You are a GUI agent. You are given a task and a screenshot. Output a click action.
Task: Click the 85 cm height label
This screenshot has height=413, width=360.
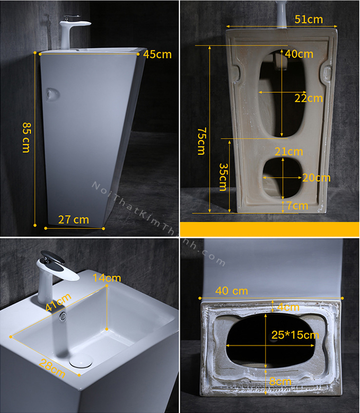26,137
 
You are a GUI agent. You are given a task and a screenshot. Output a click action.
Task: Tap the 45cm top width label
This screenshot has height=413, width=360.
157,55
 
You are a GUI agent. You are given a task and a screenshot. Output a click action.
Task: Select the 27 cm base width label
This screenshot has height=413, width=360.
74,220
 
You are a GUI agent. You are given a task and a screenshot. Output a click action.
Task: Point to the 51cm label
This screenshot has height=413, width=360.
309,19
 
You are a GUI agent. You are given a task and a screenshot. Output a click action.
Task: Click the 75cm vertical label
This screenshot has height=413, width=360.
202,141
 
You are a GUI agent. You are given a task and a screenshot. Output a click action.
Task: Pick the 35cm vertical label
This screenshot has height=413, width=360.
223,177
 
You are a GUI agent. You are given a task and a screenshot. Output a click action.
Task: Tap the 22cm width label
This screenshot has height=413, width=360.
309,98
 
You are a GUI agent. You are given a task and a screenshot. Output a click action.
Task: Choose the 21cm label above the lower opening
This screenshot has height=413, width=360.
289,152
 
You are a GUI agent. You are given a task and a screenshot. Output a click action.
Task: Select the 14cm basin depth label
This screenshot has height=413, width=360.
106,278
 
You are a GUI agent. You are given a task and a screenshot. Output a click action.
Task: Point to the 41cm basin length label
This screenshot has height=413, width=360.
58,302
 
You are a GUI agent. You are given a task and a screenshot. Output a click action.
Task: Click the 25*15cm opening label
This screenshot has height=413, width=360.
295,335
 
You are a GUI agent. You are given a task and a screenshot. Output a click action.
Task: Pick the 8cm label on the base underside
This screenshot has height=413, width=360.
280,382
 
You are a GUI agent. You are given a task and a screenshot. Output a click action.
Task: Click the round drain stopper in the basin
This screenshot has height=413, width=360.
81,361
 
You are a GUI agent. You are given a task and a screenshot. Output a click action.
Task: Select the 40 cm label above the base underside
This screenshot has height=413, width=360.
231,291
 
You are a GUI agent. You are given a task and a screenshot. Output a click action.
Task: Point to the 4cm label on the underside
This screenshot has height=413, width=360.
289,307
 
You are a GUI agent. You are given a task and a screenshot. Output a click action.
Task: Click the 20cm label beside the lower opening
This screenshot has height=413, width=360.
316,178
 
